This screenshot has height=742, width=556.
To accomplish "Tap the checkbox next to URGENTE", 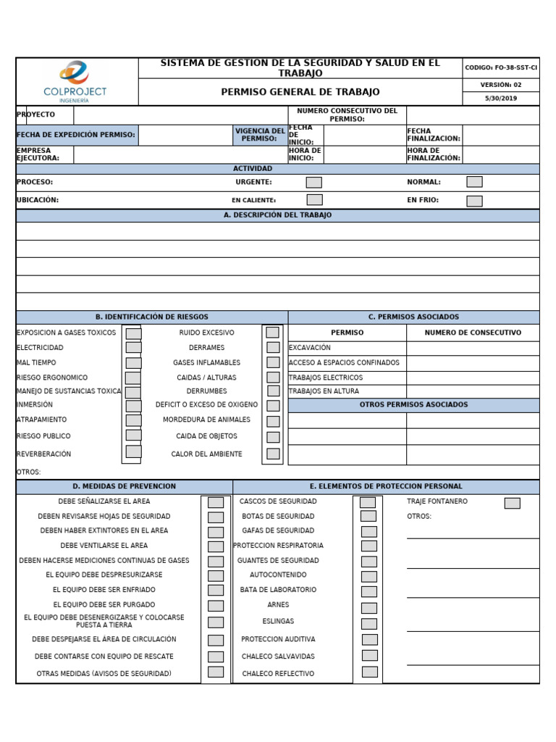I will tap(313, 183).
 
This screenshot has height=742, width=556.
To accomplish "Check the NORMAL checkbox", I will tap(474, 182).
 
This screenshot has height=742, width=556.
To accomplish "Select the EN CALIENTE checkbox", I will tap(314, 200).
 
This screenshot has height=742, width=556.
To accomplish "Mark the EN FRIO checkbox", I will tap(474, 201).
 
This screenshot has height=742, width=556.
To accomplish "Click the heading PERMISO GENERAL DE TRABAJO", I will tap(300, 92).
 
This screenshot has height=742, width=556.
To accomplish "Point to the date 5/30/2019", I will tap(502, 99).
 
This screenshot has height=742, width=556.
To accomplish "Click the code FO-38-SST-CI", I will tap(501, 67).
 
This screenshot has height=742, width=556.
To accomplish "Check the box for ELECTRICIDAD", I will tap(133, 348).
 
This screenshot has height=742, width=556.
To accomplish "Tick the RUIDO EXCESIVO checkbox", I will tap(272, 333).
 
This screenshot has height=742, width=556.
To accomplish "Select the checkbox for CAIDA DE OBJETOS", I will tap(272, 437).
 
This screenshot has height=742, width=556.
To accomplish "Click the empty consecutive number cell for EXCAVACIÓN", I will tap(472, 348).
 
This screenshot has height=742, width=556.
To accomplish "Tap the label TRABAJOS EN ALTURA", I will tap(324, 391).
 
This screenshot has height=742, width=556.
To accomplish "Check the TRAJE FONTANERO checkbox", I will tap(512, 503).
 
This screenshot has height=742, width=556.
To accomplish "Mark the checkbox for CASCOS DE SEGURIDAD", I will tap(368, 502).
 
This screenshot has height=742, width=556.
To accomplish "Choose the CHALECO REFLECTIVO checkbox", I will tap(369, 672).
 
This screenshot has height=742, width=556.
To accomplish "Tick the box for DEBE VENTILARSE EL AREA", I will tap(216, 546).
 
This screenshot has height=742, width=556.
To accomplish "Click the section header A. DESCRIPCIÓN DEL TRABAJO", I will tap(277, 215).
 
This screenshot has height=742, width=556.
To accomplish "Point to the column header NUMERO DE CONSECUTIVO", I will tap(472, 333).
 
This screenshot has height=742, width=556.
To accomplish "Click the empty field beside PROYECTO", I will tap(181, 115).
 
